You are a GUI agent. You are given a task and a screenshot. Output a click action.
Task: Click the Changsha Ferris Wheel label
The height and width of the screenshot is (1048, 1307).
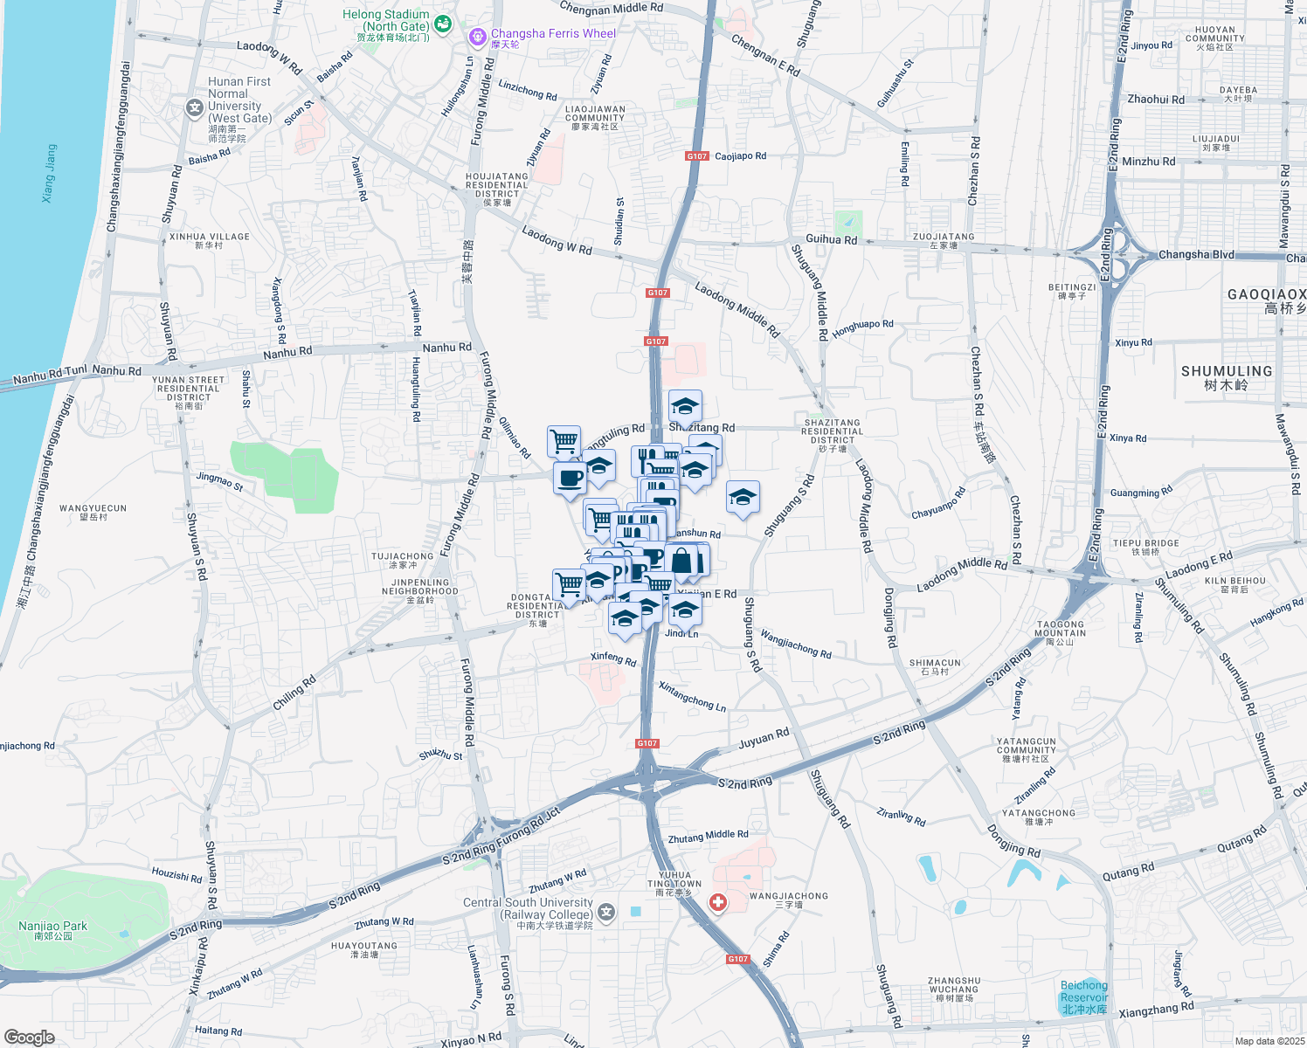[553, 34]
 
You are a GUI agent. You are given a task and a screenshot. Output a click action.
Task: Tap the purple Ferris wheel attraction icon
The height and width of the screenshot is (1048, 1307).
[477, 37]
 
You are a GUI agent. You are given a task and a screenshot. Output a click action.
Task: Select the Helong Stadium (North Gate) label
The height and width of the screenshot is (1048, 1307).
[386, 20]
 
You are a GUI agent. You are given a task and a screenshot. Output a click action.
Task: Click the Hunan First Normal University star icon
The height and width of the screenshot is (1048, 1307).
[194, 107]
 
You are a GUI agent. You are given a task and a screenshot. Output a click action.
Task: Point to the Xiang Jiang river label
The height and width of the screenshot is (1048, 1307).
[50, 174]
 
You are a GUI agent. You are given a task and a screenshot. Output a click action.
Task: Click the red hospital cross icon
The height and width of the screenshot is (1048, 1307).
[717, 902]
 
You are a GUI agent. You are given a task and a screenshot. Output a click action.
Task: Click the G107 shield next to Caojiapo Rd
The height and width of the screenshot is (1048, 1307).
[696, 156]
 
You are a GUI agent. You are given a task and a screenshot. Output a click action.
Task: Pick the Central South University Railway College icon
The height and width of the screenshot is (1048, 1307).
[606, 913]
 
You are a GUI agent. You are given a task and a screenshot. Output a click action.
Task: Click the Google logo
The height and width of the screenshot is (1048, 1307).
[30, 1038]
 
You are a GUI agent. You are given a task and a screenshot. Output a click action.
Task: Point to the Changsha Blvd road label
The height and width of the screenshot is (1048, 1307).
[1196, 255]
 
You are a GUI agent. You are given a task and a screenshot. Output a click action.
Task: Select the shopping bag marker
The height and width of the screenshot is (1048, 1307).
[684, 561]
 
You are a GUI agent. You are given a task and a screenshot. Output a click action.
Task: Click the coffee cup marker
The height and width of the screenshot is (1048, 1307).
[571, 479]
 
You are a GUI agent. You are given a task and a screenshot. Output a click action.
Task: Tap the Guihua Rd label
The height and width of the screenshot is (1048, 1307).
[831, 239]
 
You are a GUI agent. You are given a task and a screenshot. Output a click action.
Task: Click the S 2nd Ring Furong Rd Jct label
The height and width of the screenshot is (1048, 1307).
[501, 836]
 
